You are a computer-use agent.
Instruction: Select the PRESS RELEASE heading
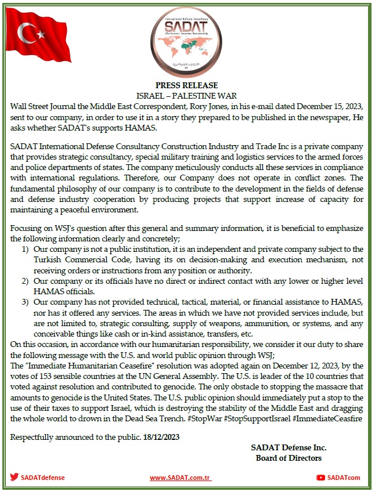[x=187, y=85]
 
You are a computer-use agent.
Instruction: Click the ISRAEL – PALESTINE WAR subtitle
[x=187, y=95]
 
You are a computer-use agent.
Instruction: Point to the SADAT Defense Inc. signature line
[x=289, y=447]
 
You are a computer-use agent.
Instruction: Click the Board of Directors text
[x=289, y=458]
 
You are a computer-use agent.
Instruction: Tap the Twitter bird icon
[x=14, y=478]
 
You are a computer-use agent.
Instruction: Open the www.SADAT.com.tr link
[x=180, y=478]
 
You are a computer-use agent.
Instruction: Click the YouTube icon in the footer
[x=320, y=478]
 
